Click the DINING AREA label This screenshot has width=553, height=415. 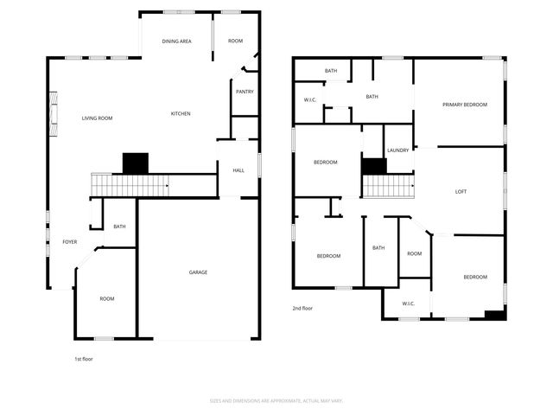tap(177, 41)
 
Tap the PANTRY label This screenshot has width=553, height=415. tap(245, 91)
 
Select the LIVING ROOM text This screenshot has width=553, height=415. tap(98, 118)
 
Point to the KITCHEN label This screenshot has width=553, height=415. tap(181, 113)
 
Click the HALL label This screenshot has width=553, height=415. tap(238, 170)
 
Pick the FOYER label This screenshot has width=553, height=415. tap(69, 241)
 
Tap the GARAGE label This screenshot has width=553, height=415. tap(198, 272)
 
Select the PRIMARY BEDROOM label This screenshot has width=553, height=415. tap(465, 105)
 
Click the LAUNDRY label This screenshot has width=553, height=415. tap(398, 150)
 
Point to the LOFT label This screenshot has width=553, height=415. tap(461, 191)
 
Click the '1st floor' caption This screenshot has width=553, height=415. tap(84, 358)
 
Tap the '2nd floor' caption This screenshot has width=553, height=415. tap(302, 308)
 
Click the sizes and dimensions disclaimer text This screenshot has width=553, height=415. tap(276, 401)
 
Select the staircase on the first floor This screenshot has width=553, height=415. tap(129, 184)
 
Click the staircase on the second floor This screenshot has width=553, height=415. tap(386, 185)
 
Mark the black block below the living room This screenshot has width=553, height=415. tap(136, 163)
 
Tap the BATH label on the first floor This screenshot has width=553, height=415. tap(119, 227)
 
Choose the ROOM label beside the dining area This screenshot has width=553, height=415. tap(235, 41)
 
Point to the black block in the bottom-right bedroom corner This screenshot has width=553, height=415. tap(494, 315)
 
